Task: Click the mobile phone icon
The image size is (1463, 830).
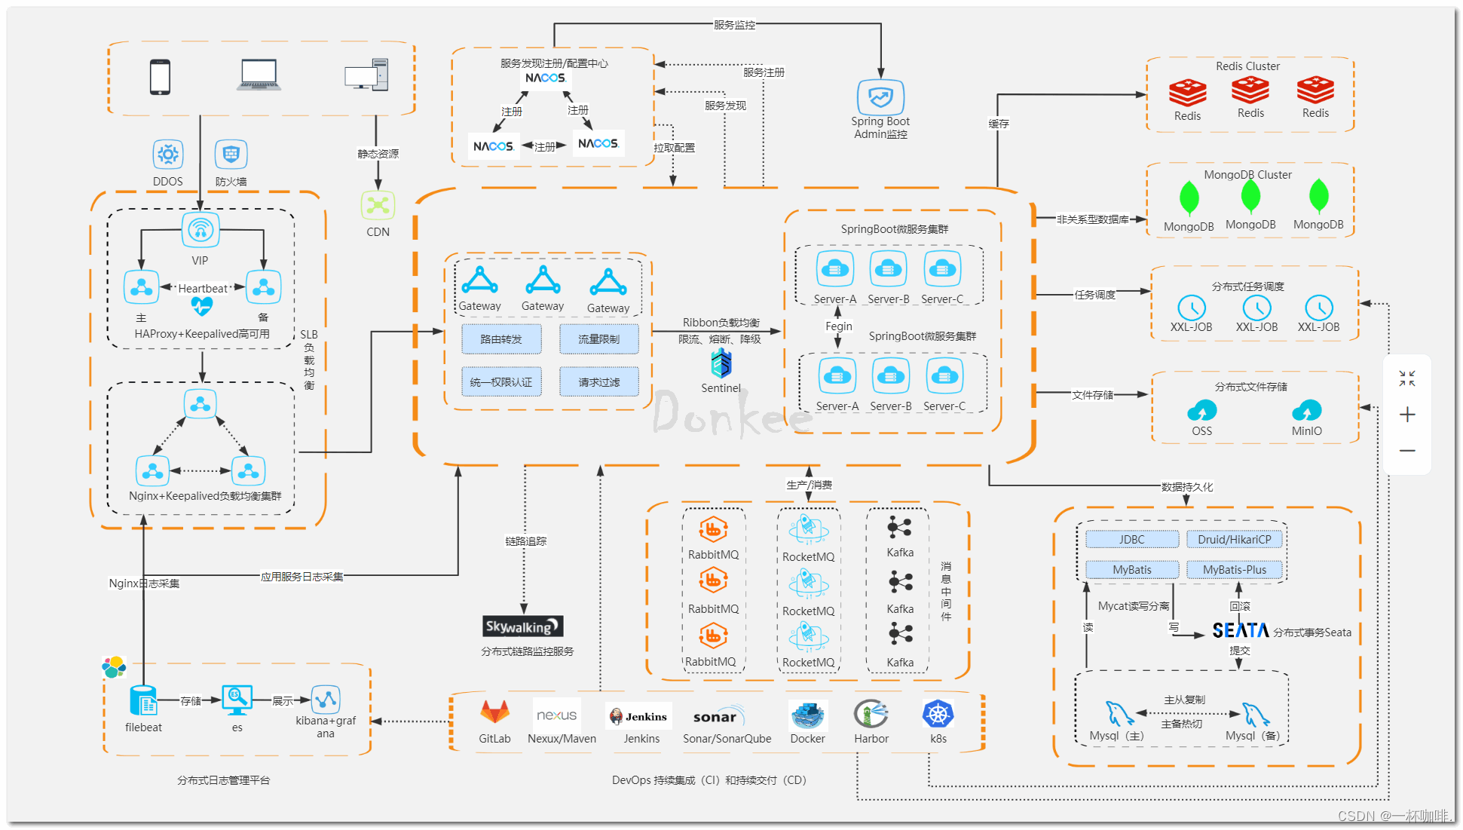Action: (x=160, y=77)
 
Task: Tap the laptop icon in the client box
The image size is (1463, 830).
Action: (x=259, y=75)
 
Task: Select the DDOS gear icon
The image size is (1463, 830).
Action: (x=167, y=155)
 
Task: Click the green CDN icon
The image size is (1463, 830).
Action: (x=378, y=205)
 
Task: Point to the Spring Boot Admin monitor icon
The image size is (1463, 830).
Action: (x=880, y=97)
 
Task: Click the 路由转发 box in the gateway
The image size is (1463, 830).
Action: (x=501, y=339)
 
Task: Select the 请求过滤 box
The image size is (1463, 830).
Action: (x=598, y=381)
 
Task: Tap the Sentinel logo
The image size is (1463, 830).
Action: (x=721, y=364)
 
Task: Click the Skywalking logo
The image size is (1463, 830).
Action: (x=522, y=626)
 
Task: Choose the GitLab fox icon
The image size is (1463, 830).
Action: (x=494, y=712)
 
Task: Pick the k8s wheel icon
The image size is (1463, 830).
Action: (x=938, y=714)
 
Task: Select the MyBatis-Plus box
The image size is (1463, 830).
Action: (x=1234, y=570)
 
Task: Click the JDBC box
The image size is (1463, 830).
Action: (x=1131, y=540)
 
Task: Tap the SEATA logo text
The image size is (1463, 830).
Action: (x=1240, y=630)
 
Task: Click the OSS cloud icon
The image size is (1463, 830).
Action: (x=1201, y=411)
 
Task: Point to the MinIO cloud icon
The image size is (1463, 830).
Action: (x=1306, y=411)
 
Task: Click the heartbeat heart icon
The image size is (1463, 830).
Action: (x=201, y=305)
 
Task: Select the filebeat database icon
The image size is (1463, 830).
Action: (x=143, y=701)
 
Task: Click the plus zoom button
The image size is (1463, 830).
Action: (x=1406, y=415)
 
